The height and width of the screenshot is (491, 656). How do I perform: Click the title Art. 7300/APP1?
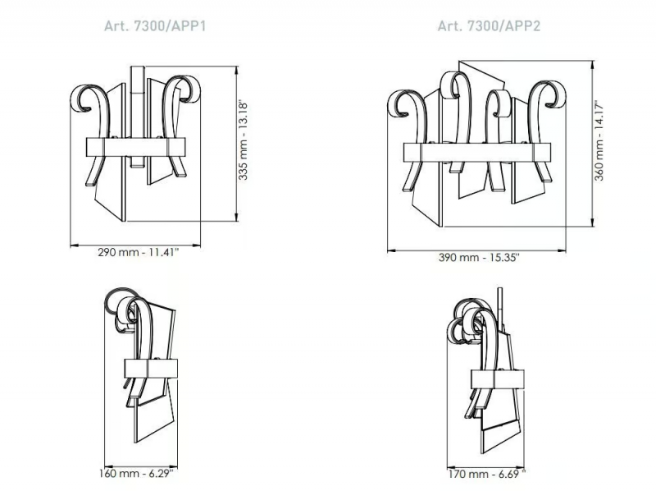(155, 26)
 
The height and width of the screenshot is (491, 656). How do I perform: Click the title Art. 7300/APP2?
(489, 26)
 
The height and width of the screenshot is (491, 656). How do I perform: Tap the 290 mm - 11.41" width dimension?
(138, 252)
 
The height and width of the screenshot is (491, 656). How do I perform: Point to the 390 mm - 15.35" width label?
(479, 257)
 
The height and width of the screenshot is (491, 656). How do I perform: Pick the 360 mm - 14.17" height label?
(599, 140)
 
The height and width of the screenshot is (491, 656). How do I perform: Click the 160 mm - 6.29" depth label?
(136, 474)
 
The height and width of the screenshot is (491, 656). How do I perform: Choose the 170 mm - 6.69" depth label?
(486, 474)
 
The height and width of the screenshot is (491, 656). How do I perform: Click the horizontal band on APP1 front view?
(135, 147)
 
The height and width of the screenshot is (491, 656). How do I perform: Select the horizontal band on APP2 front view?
(477, 152)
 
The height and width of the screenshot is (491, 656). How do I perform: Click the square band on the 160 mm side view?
(151, 368)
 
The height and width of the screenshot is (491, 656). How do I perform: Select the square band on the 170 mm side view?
(498, 379)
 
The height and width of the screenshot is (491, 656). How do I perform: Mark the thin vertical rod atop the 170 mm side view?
(499, 305)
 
